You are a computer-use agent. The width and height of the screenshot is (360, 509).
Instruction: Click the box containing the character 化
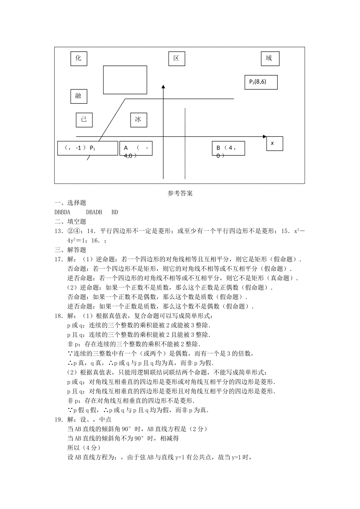tap(78, 58)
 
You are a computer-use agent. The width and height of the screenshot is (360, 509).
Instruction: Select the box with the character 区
tap(176, 58)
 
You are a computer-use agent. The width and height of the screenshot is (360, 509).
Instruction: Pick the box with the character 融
tap(78, 96)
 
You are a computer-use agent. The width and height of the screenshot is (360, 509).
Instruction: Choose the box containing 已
tap(84, 120)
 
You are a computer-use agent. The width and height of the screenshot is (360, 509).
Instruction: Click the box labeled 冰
tap(138, 120)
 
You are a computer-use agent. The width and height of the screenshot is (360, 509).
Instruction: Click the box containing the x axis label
tap(274, 144)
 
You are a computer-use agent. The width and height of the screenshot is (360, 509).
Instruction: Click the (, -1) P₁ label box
tap(88, 148)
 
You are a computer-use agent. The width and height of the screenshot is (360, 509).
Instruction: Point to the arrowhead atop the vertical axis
tap(163, 87)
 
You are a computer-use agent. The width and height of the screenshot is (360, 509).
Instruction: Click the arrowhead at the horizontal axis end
tap(264, 136)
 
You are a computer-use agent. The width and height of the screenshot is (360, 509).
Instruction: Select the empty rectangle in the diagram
tap(125, 80)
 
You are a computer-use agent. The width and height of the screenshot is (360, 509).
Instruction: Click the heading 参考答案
tap(180, 193)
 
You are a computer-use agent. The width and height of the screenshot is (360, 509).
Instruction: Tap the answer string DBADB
tap(94, 212)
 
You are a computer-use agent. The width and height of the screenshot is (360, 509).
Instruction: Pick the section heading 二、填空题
tap(70, 222)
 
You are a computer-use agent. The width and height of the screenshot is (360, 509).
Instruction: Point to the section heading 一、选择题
tap(70, 203)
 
